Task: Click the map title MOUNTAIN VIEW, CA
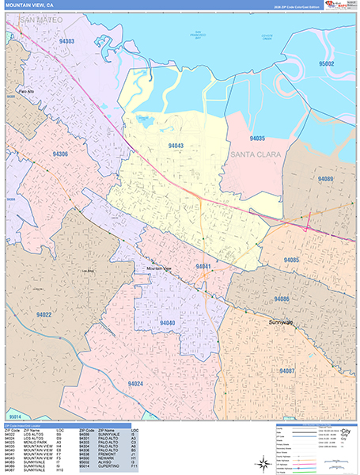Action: tap(29, 5)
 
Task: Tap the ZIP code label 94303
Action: tap(66, 40)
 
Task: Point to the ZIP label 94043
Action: tap(176, 146)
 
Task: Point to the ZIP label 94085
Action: tap(291, 260)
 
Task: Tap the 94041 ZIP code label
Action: tap(203, 267)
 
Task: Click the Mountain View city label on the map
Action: tap(162, 269)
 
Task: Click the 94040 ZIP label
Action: tap(167, 322)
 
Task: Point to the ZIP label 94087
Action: tap(286, 370)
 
